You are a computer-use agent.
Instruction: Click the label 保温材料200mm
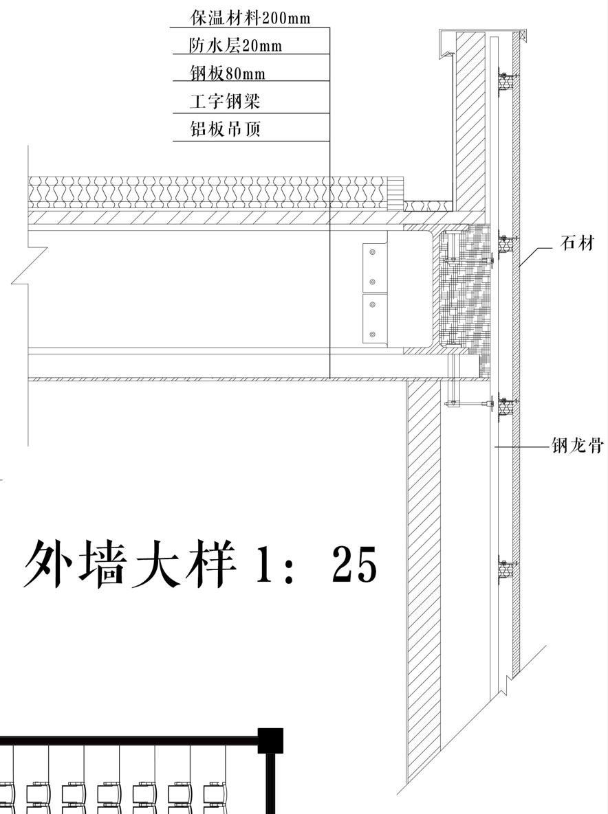pyautogui.click(x=250, y=17)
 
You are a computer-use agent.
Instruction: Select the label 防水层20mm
pyautogui.click(x=235, y=45)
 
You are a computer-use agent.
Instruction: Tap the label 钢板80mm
pyautogui.click(x=227, y=73)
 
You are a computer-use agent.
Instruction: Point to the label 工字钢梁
pyautogui.click(x=225, y=102)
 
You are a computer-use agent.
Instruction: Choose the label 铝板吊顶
pyautogui.click(x=225, y=128)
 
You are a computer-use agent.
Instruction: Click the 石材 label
pyautogui.click(x=576, y=242)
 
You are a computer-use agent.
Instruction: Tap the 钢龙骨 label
pyautogui.click(x=577, y=446)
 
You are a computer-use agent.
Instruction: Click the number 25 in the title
pyautogui.click(x=354, y=565)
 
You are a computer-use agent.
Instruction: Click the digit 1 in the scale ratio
pyautogui.click(x=265, y=565)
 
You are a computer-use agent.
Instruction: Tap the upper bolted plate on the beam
pyautogui.click(x=375, y=267)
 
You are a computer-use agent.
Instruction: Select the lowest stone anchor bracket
pyautogui.click(x=507, y=569)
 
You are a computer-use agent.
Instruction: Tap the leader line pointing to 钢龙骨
pyautogui.click(x=523, y=447)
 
